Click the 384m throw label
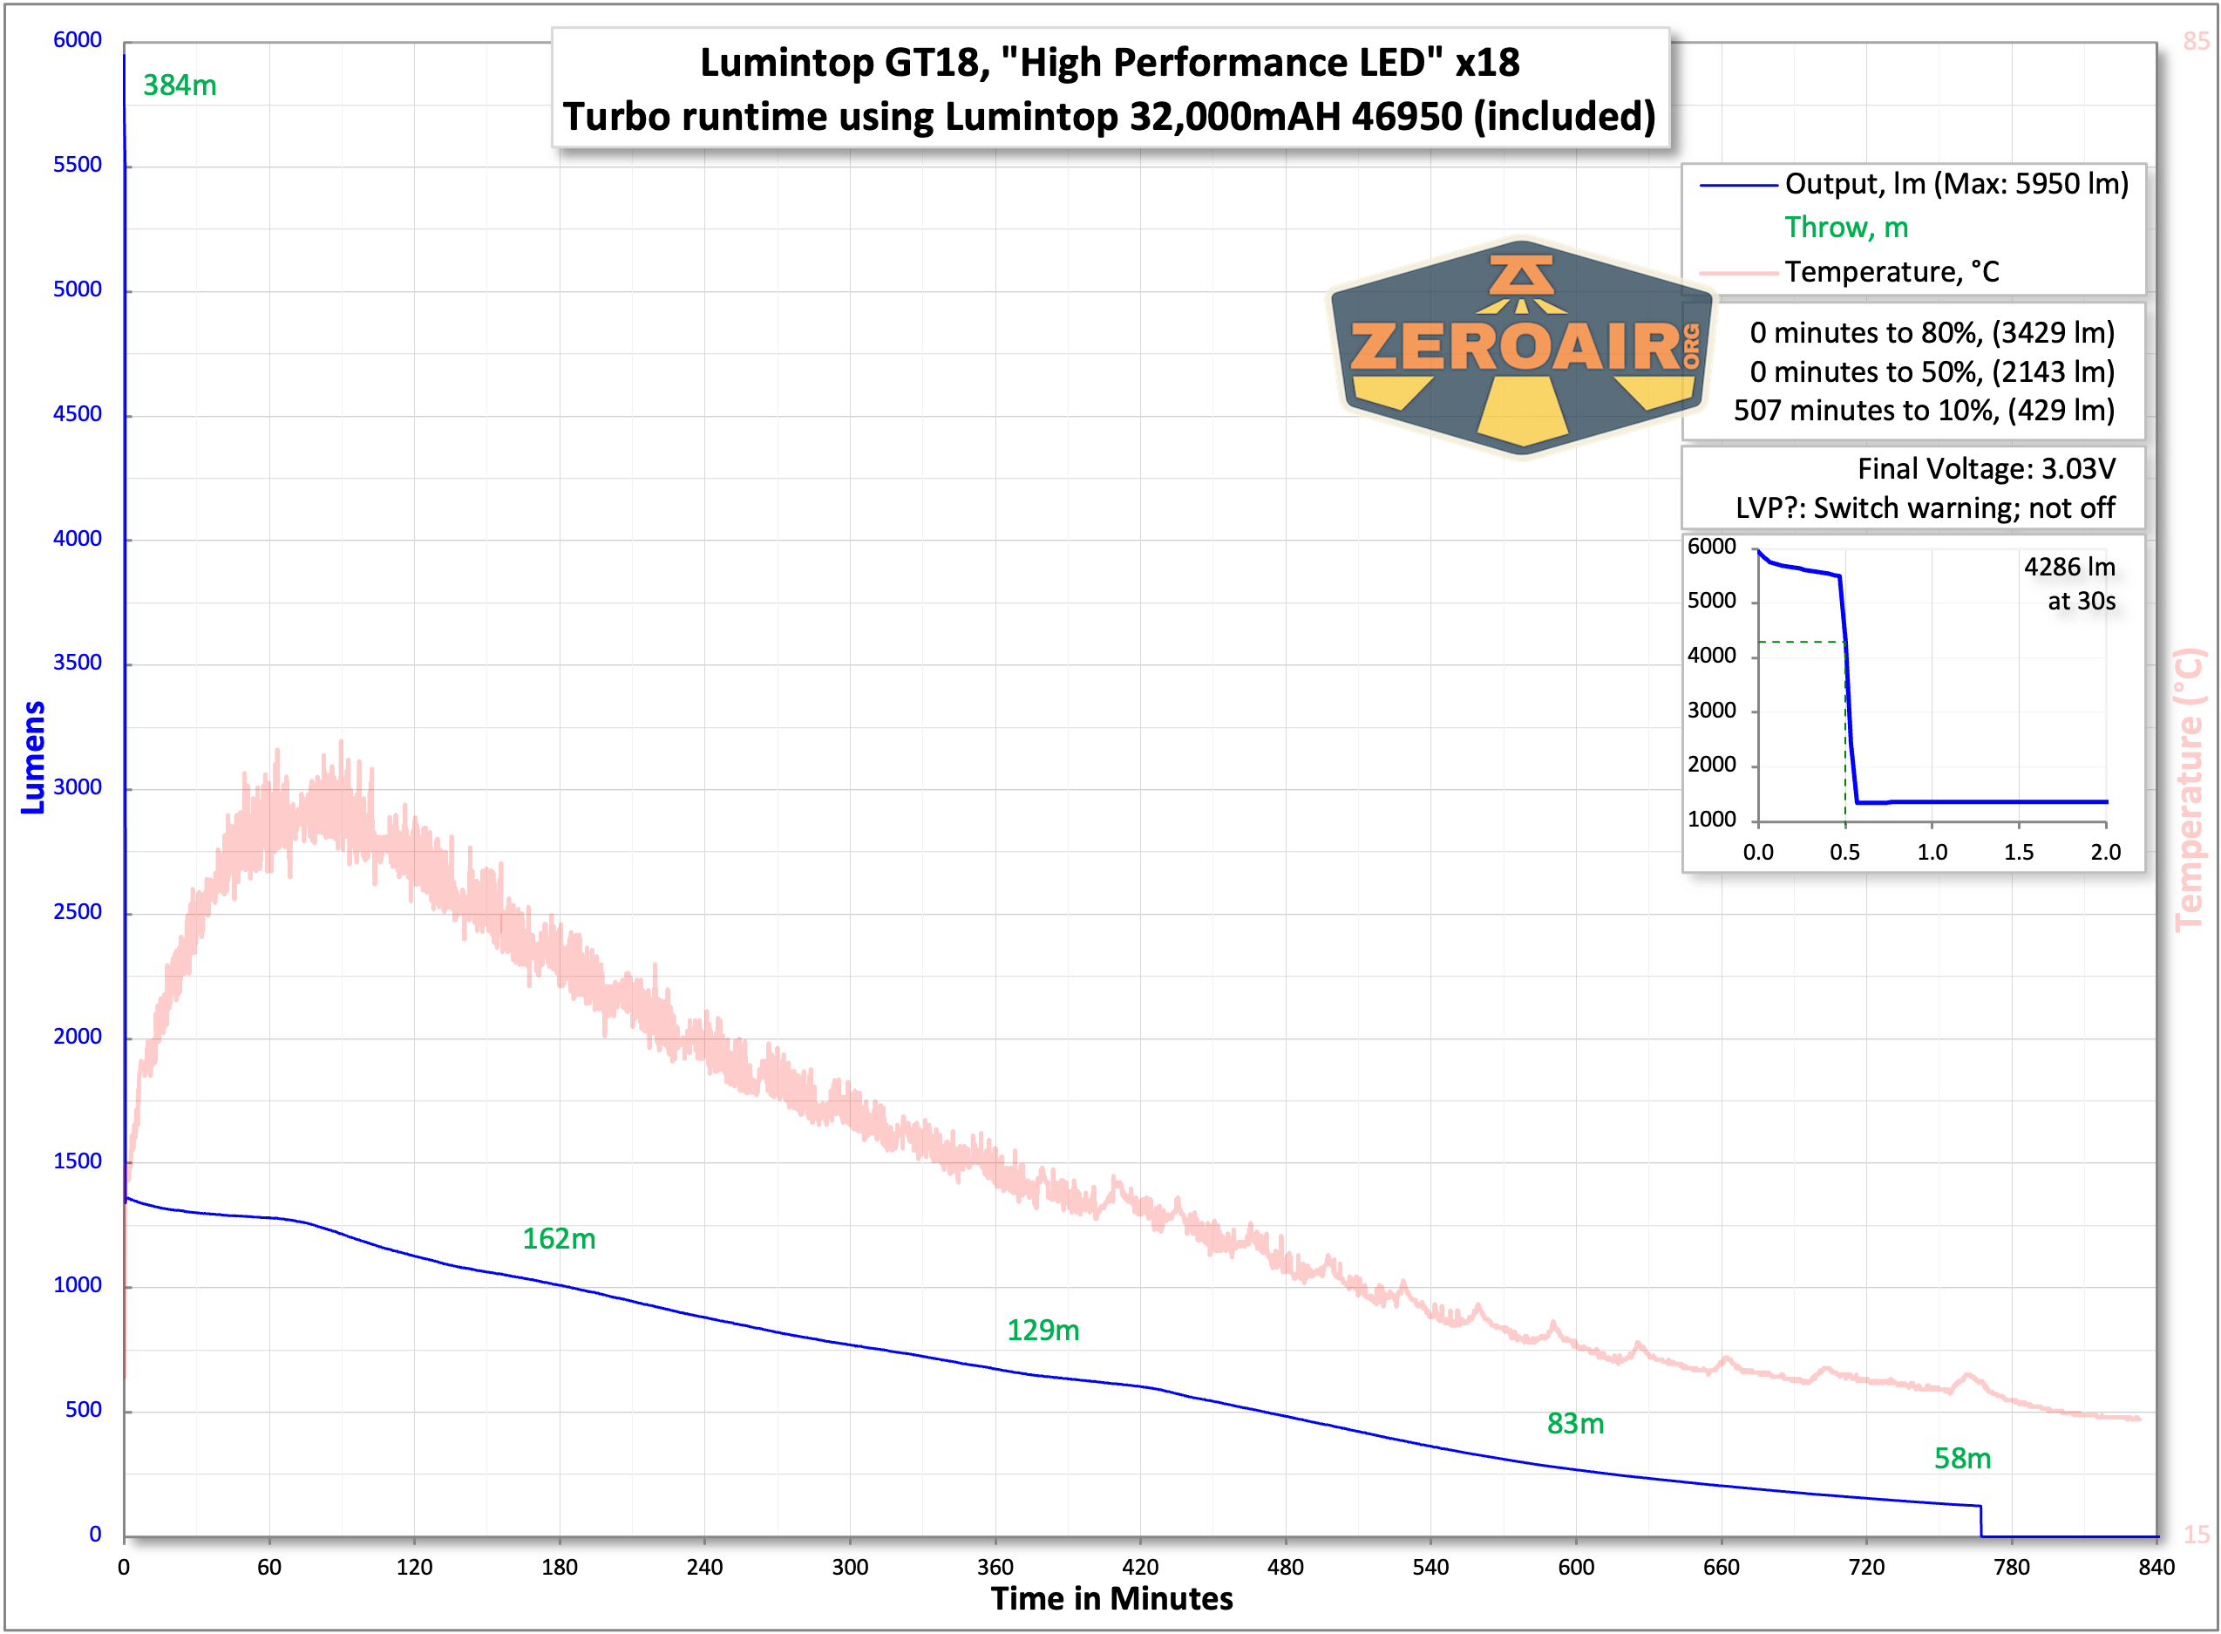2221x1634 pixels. pos(179,86)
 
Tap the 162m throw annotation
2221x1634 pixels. pos(559,1239)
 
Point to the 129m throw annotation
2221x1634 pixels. pos(1043,1331)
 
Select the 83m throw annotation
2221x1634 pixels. pos(1575,1425)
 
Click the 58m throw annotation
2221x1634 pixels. pos(1962,1459)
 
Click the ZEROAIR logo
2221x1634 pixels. pos(1521,348)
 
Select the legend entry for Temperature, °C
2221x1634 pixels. pos(1891,272)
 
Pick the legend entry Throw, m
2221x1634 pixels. pos(1846,228)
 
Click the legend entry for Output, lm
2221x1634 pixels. pos(1955,184)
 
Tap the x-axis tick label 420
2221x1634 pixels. pos(1140,1567)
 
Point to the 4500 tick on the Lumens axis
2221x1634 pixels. pos(77,414)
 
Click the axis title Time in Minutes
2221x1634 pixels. pos(1111,1599)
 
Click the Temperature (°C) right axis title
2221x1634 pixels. pos(2190,789)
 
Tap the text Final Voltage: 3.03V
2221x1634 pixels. pos(1986,469)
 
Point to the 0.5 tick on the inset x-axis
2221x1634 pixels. pos(1844,853)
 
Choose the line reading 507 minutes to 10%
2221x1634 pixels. pos(1924,411)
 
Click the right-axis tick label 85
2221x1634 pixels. pos(2196,42)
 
